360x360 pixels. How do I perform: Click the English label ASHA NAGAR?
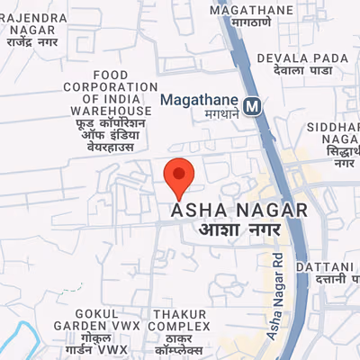239,211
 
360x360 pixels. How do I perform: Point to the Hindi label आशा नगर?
239,230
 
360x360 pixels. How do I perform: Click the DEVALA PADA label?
314,58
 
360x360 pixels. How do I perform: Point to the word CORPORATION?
109,87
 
